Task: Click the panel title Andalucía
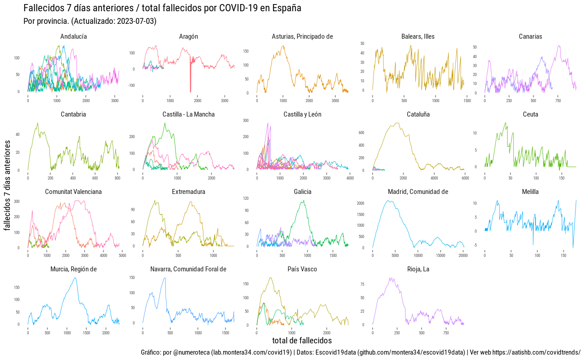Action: [73, 36]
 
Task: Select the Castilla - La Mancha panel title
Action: [189, 114]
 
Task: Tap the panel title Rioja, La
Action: [418, 269]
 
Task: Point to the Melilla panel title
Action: [530, 192]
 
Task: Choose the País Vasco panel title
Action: [302, 269]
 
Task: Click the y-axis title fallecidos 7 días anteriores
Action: [8, 185]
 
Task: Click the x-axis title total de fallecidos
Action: [302, 340]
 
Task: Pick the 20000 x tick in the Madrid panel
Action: [463, 256]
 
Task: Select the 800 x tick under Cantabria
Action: [117, 178]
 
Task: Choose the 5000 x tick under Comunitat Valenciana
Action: [122, 256]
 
